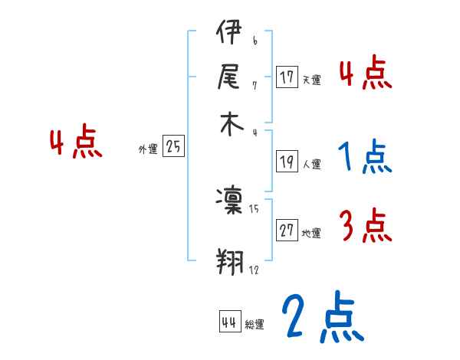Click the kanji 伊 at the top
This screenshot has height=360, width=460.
point(229,34)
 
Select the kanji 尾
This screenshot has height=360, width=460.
point(229,77)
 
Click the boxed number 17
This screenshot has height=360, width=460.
point(287,77)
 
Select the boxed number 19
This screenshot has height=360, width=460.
point(287,162)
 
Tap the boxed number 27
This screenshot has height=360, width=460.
point(287,231)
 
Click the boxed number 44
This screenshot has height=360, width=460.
point(229,322)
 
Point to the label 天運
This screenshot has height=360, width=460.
point(311,80)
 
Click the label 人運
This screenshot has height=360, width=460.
point(311,164)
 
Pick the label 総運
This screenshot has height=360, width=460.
point(254,325)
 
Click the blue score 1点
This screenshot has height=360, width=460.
point(365,157)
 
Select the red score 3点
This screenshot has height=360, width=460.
point(366,227)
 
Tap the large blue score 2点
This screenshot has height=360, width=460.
point(321,318)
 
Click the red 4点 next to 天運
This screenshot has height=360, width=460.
point(365,74)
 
